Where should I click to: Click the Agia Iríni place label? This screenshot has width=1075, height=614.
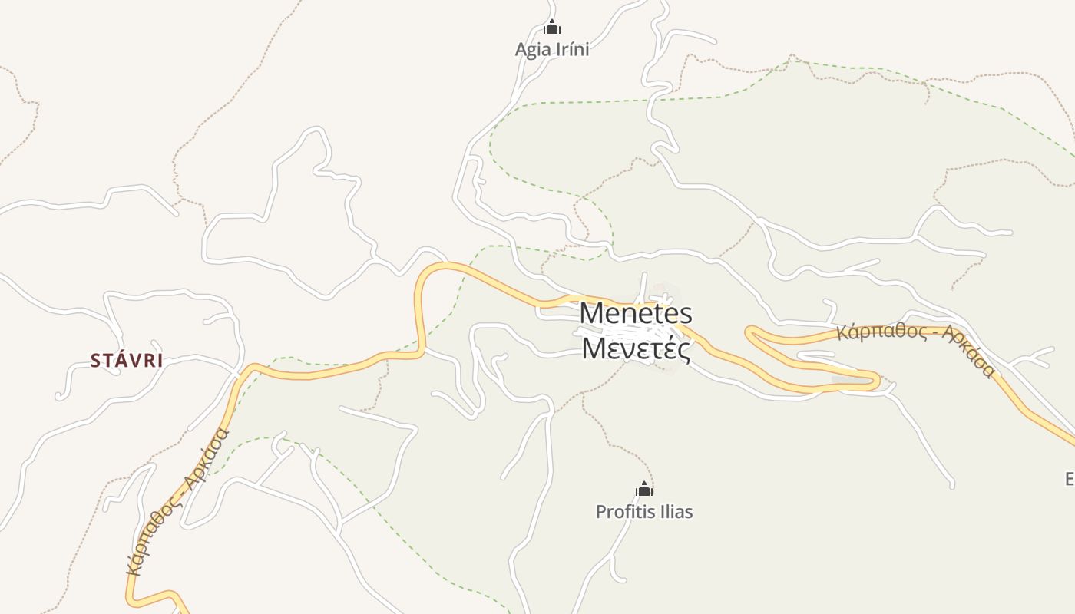click(552, 49)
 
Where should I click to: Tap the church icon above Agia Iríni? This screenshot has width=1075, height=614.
click(552, 28)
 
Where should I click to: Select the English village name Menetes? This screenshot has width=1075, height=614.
click(636, 313)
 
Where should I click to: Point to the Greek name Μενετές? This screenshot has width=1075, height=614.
click(636, 348)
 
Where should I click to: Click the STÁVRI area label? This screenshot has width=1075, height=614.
click(127, 361)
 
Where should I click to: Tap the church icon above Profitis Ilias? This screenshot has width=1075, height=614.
click(644, 489)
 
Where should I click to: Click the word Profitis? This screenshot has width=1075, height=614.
click(623, 512)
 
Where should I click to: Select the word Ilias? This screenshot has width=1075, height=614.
click(673, 512)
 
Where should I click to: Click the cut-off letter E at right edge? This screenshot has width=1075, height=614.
click(1070, 480)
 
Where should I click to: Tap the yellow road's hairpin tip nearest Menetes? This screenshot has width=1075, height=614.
click(749, 332)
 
